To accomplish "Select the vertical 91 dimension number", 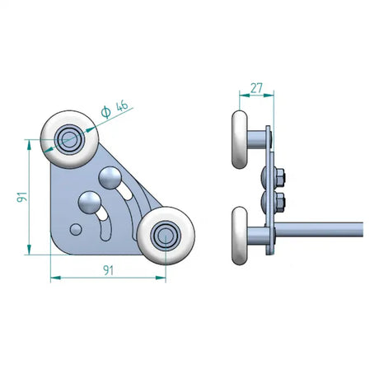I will tap(22, 198).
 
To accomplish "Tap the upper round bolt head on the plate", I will tap(109, 175).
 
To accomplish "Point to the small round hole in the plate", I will tap(76, 228).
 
